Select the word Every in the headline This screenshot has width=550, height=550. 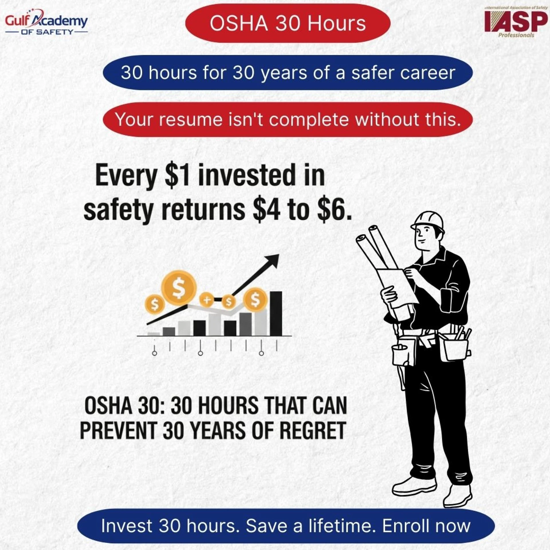[x=126, y=175]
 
